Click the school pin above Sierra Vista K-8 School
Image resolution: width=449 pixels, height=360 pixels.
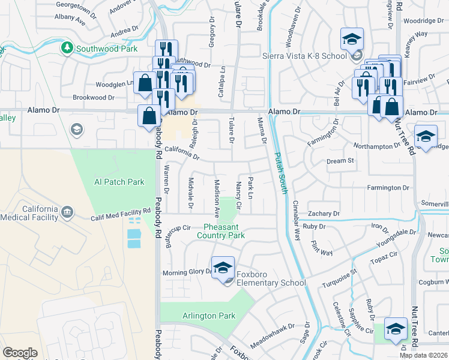pos(352,40)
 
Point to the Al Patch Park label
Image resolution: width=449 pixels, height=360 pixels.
pos(119,182)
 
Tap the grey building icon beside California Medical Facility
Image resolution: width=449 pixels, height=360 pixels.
pos(67,212)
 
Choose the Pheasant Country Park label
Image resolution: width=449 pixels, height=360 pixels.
pos(224,231)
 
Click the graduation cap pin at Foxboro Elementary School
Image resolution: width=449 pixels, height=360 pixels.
pos(223,267)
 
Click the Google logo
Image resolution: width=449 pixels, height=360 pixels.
pos(20,353)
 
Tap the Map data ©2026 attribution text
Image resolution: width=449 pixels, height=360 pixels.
pos(423,355)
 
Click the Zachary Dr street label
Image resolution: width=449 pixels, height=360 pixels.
pos(324,214)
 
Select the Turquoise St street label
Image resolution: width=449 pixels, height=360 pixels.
pos(340,278)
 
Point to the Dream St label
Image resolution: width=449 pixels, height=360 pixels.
pos(340,161)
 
